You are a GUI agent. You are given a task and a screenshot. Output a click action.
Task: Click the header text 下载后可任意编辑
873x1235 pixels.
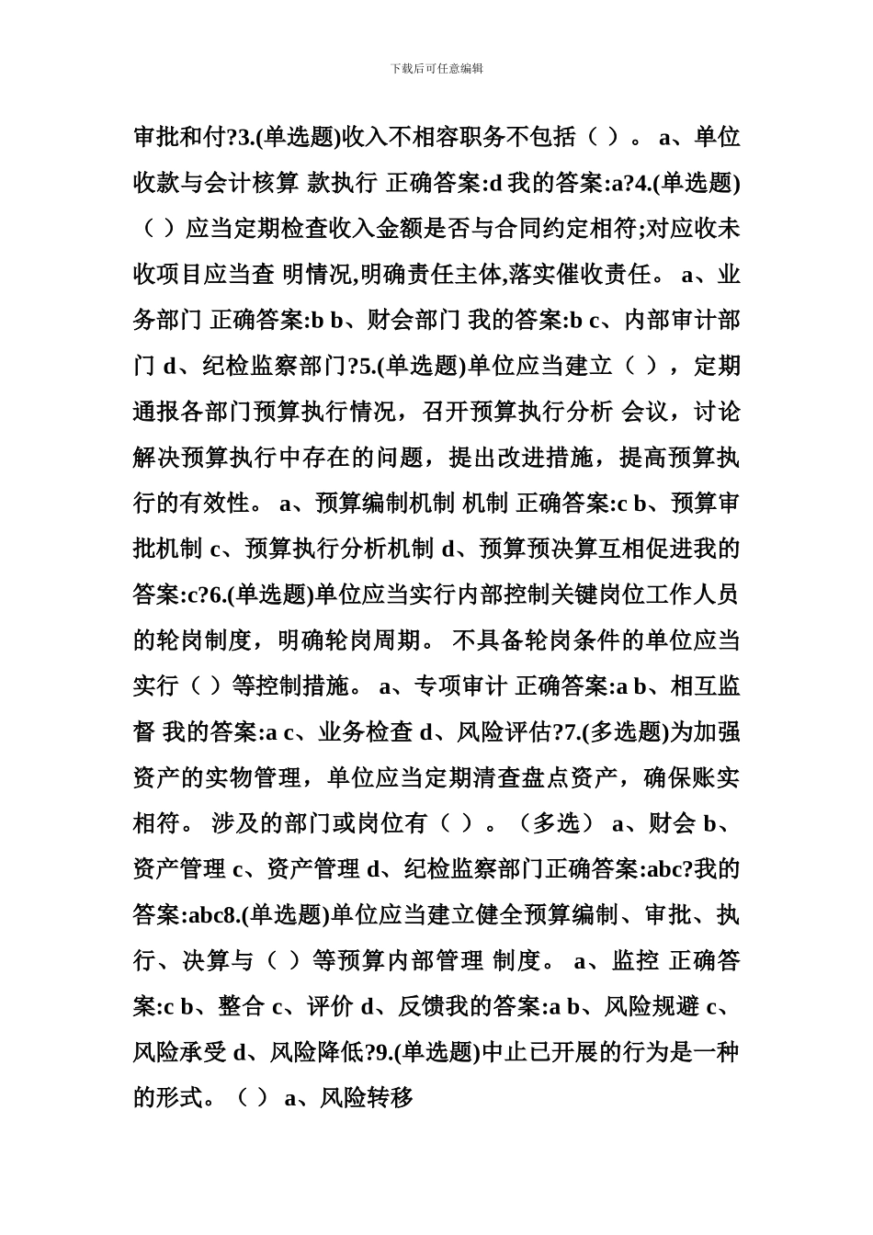tap(436, 69)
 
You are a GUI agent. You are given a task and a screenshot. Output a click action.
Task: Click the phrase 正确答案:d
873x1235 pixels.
tap(446, 184)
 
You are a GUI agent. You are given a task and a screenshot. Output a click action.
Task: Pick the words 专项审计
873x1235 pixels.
tap(461, 686)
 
